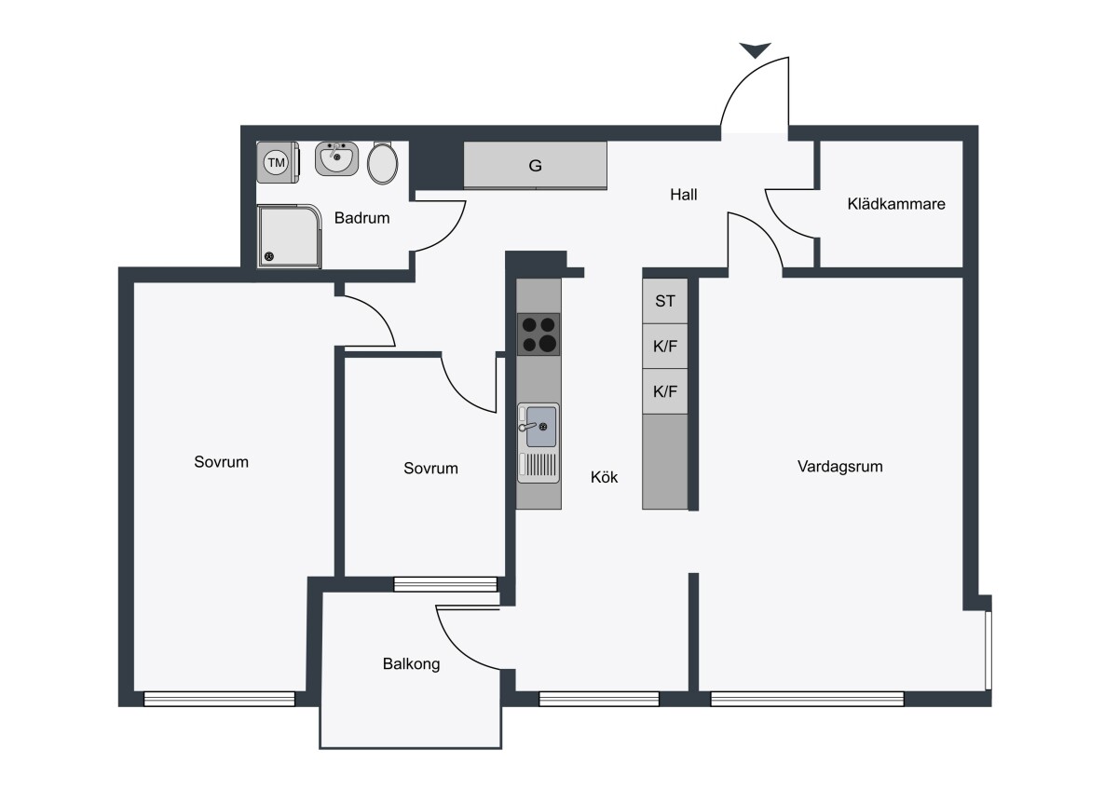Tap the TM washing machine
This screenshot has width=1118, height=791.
click(278, 162)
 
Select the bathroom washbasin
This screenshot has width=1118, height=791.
click(337, 158)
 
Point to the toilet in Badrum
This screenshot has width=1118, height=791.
click(382, 163)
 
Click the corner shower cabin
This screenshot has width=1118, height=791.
click(289, 237)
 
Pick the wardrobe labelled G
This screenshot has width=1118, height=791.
click(535, 165)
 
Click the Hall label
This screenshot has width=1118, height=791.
click(683, 195)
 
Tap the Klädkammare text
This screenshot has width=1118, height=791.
click(896, 204)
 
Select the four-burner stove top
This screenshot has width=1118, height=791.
click(539, 334)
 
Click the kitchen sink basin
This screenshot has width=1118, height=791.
click(541, 427)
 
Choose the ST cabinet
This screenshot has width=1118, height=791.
click(665, 301)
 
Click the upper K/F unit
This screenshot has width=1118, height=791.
click(665, 346)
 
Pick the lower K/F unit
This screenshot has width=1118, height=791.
click(665, 391)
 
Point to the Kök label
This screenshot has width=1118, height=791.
click(604, 477)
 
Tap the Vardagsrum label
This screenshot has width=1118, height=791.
click(840, 467)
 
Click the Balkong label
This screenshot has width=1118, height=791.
click(411, 663)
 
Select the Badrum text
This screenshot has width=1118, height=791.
click(361, 218)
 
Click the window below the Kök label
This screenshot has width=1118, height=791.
click(599, 699)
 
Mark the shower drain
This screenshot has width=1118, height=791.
click(269, 256)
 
